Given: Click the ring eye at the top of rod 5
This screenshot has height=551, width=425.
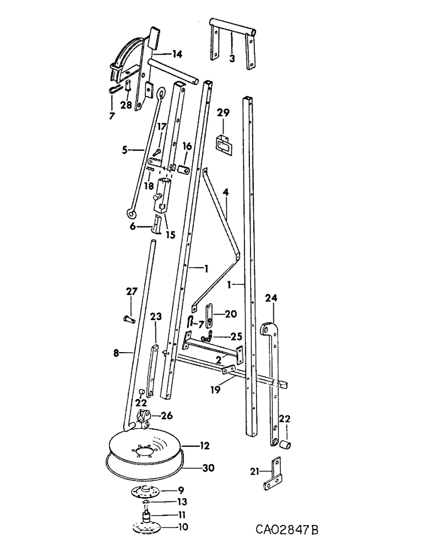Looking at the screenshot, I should click(162, 94).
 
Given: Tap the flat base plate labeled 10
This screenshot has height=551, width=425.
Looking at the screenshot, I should click(147, 527).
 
